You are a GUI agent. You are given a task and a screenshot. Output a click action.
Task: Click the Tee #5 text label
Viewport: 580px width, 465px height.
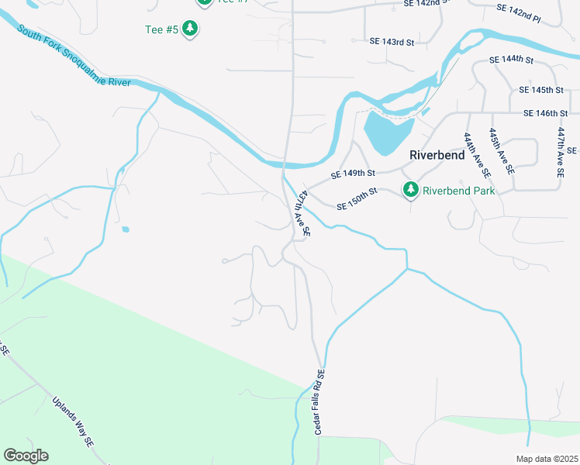161,29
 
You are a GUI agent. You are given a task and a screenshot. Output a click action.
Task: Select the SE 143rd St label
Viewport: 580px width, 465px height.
392,41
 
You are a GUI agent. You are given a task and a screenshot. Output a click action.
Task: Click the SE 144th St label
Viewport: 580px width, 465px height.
512,60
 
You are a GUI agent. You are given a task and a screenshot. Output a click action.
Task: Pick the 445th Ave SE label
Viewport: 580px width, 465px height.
499,152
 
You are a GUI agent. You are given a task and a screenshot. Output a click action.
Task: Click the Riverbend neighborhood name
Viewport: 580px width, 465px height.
437,155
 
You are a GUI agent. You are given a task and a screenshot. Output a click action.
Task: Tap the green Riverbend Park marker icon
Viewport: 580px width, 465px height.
410,189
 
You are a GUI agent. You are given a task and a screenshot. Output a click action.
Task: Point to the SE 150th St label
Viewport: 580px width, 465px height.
357,199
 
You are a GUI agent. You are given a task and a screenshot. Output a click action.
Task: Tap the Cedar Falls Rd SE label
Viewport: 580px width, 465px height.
319,401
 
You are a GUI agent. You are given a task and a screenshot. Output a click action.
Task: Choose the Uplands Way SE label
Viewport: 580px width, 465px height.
74,422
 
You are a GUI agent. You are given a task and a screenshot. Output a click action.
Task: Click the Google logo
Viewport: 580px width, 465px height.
26,456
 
